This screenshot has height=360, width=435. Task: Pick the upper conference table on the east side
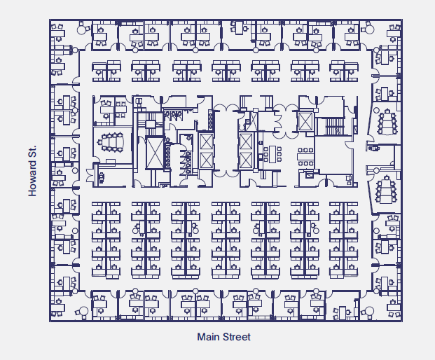tap(386, 123)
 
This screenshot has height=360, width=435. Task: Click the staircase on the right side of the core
tap(329, 125)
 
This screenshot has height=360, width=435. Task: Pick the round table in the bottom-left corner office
tap(82, 310)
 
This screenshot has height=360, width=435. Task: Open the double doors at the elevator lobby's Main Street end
tap(226, 174)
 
